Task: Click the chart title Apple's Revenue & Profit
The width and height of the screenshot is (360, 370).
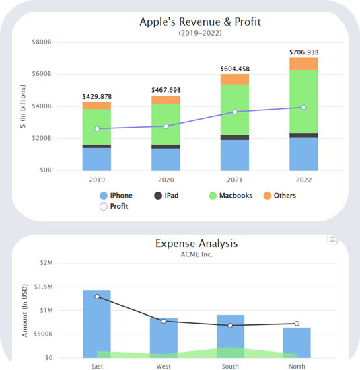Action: click(200, 21)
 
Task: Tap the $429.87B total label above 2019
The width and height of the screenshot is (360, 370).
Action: click(97, 96)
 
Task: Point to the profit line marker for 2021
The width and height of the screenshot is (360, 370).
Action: click(235, 112)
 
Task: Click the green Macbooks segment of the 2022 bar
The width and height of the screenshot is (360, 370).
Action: click(303, 101)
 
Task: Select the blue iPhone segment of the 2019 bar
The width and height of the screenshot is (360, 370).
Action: click(97, 159)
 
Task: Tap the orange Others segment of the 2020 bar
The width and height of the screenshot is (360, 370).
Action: click(166, 100)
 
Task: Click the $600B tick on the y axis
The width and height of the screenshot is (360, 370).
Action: click(42, 74)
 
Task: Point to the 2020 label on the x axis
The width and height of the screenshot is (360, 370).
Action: click(166, 180)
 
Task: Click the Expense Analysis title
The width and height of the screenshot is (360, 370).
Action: click(196, 244)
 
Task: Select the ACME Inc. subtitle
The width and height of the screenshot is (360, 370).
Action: click(196, 254)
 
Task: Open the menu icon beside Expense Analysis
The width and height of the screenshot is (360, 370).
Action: click(332, 240)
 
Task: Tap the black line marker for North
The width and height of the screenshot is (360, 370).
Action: click(297, 324)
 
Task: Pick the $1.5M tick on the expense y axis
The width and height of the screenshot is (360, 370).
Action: click(42, 287)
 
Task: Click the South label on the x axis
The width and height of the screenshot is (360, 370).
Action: click(231, 367)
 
